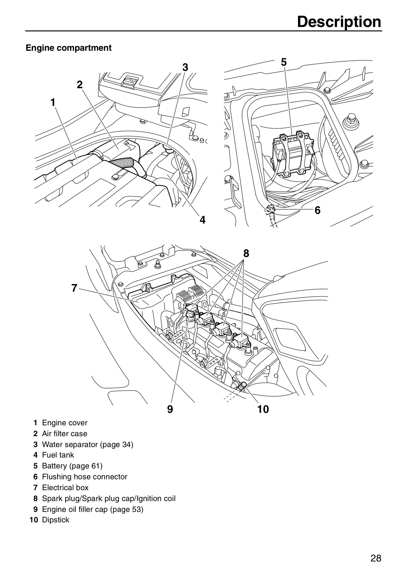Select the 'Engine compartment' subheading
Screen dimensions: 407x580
pos(68,48)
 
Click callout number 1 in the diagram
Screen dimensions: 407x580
pos(53,103)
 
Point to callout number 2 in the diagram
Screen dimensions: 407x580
pos(80,85)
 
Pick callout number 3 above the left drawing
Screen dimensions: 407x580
pos(185,67)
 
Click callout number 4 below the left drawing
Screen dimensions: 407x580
pos(202,220)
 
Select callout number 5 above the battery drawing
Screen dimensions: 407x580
pos(284,62)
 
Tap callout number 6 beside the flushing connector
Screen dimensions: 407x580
pos(318,210)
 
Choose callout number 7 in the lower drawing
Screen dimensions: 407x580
pos(74,288)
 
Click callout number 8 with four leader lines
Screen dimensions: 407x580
pos(246,253)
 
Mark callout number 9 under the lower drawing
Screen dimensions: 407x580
pos(170,409)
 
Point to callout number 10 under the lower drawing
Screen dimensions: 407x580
pos(263,409)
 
